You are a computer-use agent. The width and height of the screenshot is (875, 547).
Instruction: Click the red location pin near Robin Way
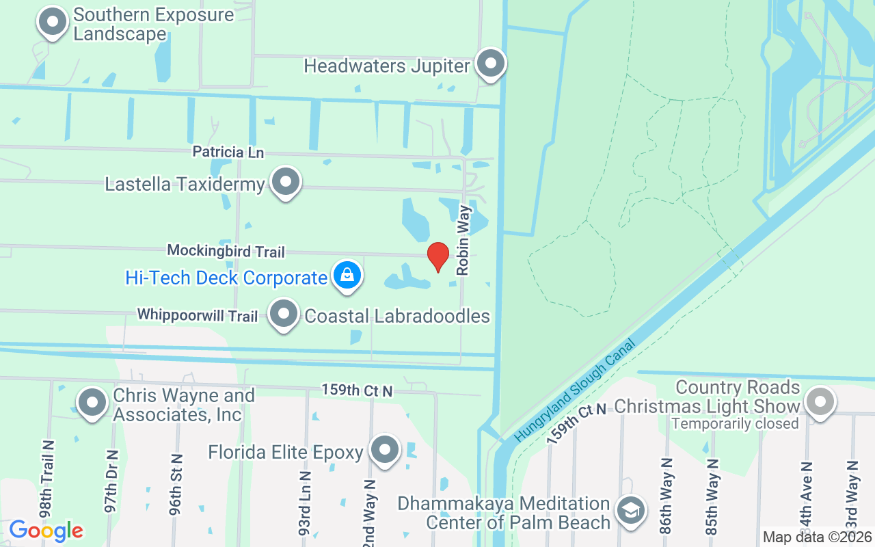[437, 256]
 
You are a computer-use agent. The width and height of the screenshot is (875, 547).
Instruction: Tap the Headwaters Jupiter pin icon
[490, 64]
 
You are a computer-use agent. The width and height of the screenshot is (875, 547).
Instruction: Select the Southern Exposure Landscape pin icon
[52, 23]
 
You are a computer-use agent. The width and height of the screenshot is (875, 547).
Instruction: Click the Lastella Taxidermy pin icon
[286, 183]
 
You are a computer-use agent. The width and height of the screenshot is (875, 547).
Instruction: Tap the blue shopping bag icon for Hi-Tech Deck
[347, 276]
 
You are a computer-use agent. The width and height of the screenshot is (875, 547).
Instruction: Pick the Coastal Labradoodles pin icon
[284, 315]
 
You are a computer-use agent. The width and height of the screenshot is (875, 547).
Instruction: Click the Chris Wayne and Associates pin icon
[92, 403]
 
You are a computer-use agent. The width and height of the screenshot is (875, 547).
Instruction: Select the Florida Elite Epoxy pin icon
[384, 451]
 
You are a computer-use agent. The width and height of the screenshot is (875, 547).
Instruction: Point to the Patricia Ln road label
[228, 152]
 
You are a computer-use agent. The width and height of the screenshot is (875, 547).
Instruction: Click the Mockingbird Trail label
[226, 252]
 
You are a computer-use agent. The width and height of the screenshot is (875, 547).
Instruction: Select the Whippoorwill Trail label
[198, 315]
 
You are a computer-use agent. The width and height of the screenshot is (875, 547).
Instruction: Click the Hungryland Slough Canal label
[576, 389]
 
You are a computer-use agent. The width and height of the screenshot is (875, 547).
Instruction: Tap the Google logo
[46, 530]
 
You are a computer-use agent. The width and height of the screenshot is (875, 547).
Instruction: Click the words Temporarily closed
[735, 424]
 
